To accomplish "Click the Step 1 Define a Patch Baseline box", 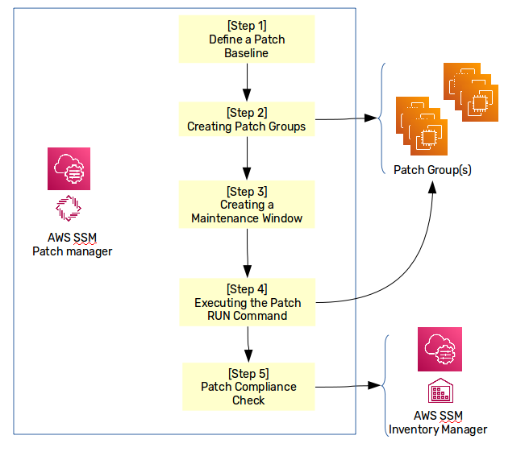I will pos(246,39).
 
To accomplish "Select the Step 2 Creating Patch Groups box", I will pos(246,119).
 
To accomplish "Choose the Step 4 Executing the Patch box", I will pos(247,303).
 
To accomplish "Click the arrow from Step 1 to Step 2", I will pos(246,81).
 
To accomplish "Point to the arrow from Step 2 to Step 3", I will pos(247,160).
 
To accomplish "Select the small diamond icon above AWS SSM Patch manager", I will pos(69,208).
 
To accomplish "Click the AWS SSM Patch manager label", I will pos(72,245).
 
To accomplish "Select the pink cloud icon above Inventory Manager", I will pos(440,349).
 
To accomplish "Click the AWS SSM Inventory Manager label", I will pos(438,423).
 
